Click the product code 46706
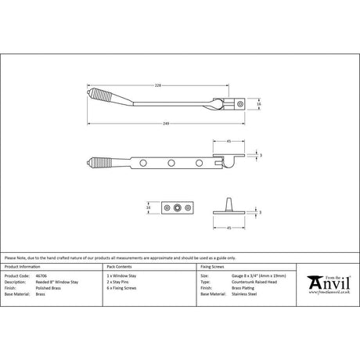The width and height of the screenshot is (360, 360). (x=41, y=276)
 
